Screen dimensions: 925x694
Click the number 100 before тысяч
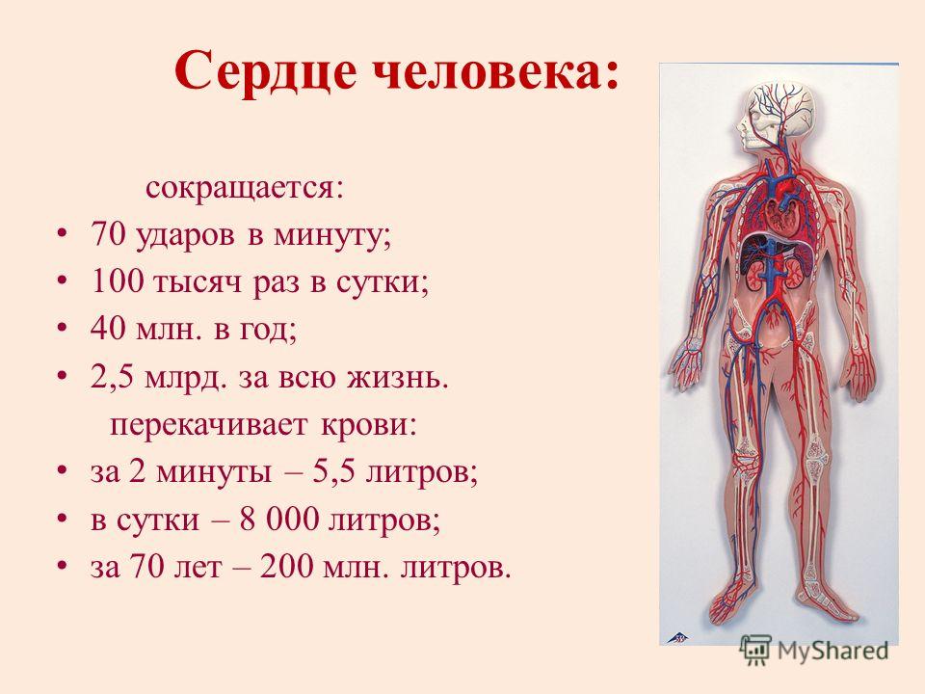coord(117,282)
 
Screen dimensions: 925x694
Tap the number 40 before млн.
coord(108,330)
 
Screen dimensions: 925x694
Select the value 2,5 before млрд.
coord(112,377)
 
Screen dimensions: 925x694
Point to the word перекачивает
coord(209,425)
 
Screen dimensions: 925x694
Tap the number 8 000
coord(277,519)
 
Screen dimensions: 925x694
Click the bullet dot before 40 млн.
coord(63,330)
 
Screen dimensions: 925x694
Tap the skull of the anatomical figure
coord(773,112)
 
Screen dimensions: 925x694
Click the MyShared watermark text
coord(832,651)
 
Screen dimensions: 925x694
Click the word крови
coord(368,425)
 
